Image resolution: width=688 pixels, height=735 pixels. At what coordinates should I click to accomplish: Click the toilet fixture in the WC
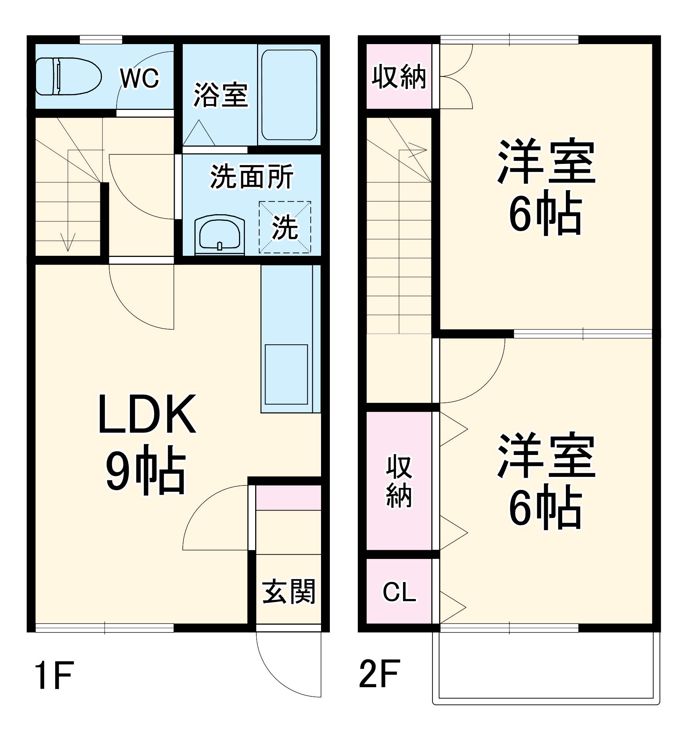click(x=68, y=76)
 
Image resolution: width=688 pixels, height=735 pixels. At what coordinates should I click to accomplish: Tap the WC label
click(x=139, y=78)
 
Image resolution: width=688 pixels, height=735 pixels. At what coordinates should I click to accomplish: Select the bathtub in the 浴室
click(x=289, y=95)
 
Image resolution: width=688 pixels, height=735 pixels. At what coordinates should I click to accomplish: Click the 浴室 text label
click(x=221, y=96)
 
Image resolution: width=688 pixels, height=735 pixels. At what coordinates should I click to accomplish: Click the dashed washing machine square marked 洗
click(x=285, y=227)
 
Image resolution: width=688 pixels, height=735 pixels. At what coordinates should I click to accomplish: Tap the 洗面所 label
click(x=252, y=176)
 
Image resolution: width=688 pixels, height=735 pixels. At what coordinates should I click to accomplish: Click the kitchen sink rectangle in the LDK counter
click(x=286, y=374)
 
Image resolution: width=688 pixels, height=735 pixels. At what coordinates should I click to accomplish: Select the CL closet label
click(x=399, y=592)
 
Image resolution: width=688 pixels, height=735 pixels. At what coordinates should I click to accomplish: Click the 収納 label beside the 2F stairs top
click(x=399, y=76)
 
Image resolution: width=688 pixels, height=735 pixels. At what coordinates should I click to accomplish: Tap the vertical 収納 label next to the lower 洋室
click(x=399, y=482)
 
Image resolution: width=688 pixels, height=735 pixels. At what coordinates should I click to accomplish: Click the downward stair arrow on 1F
click(x=68, y=242)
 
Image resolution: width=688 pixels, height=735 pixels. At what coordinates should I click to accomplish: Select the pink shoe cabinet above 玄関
click(x=288, y=498)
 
